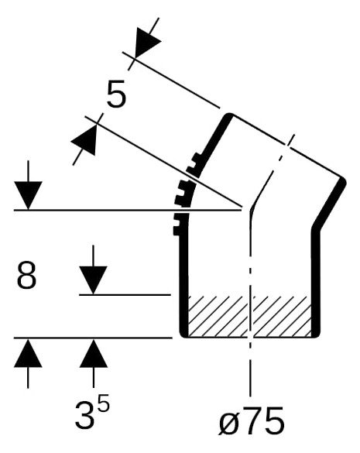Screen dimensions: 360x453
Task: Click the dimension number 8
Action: point(26,275)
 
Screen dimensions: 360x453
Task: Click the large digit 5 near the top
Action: point(116,94)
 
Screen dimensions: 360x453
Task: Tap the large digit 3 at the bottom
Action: point(84,414)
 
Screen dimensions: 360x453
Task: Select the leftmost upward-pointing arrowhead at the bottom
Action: point(28,353)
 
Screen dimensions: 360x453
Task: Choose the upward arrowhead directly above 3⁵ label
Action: point(93,353)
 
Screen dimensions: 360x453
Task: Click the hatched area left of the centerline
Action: point(218,317)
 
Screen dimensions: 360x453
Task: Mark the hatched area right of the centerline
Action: point(283,317)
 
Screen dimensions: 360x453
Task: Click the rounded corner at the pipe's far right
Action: point(343,181)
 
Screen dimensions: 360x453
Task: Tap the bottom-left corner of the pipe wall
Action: point(183,335)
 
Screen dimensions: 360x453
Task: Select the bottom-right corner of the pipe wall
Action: point(317,335)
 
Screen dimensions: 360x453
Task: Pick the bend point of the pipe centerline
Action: point(251,210)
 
